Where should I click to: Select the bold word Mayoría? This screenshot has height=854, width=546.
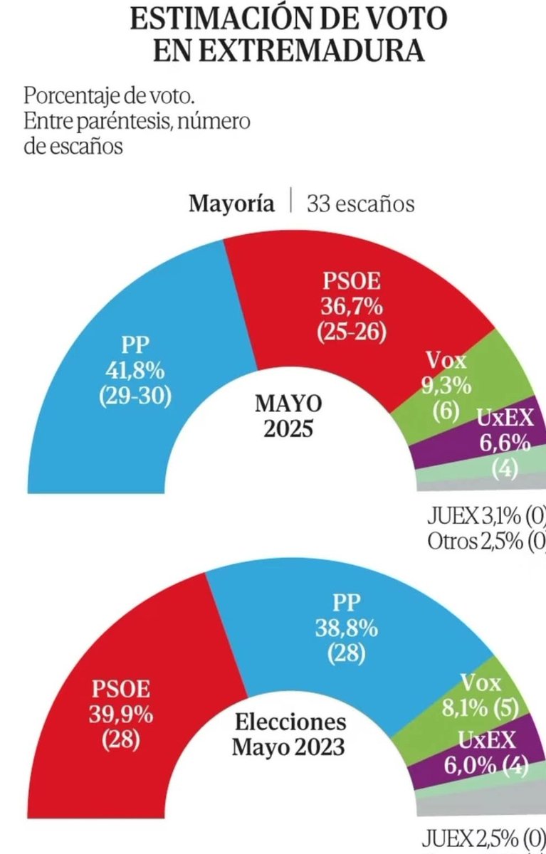coord(231,204)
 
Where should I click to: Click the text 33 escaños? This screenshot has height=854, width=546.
coord(360,204)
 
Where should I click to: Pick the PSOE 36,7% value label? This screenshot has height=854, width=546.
coord(354,307)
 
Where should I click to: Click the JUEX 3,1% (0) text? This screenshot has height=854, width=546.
coord(487,515)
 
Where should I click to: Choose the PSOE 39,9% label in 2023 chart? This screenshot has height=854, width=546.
coord(120,702)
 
